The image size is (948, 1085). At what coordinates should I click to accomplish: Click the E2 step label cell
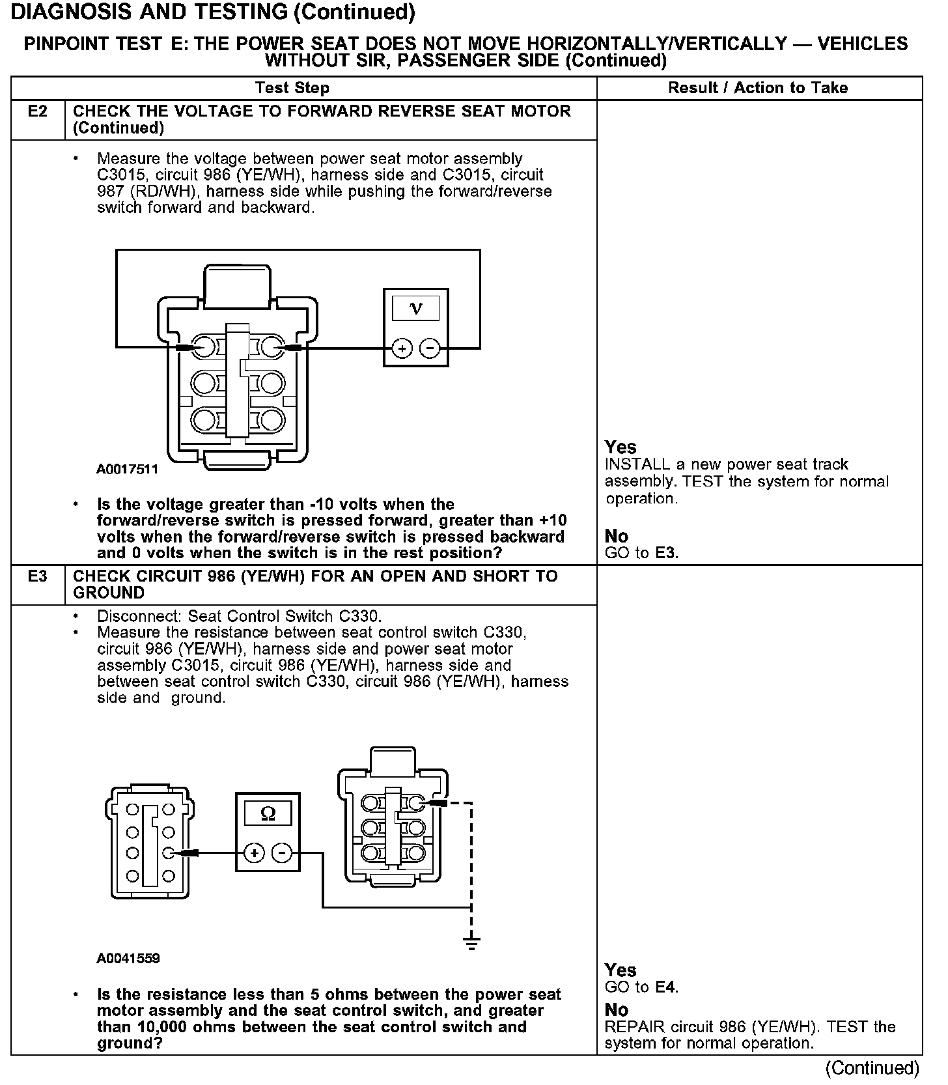pyautogui.click(x=38, y=111)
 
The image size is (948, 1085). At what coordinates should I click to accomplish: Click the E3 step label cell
pyautogui.click(x=38, y=576)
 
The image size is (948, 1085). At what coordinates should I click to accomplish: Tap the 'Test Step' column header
pyautogui.click(x=292, y=88)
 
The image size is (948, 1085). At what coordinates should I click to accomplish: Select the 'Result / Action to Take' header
pyautogui.click(x=758, y=88)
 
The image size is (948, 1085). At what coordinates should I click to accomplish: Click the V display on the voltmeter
pyautogui.click(x=416, y=308)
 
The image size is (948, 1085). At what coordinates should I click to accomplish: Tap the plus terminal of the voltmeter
pyautogui.click(x=402, y=349)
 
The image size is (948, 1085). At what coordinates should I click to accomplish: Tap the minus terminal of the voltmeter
pyautogui.click(x=430, y=349)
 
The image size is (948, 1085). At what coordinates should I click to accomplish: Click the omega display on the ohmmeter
pyautogui.click(x=268, y=813)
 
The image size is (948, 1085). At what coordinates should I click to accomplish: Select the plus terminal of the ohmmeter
pyautogui.click(x=255, y=852)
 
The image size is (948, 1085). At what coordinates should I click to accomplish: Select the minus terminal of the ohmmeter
pyautogui.click(x=281, y=852)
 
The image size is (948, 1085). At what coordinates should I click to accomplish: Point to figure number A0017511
pyautogui.click(x=128, y=469)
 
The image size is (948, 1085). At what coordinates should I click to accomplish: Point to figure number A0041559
pyautogui.click(x=128, y=959)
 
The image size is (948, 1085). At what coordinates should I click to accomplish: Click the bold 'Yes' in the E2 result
pyautogui.click(x=620, y=447)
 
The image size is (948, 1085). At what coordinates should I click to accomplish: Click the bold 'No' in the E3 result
pyautogui.click(x=617, y=1010)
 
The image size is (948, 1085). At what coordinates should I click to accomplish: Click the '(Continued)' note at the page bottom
pyautogui.click(x=872, y=1068)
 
